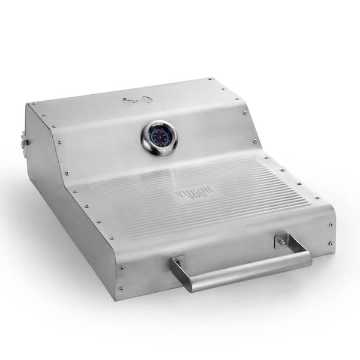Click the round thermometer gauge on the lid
159,137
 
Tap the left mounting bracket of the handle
178,262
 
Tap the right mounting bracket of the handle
281,241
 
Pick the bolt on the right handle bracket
282,241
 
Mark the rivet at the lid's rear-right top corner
210,79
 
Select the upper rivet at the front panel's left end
122,268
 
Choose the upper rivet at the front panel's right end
329,224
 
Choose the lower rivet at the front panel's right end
329,243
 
